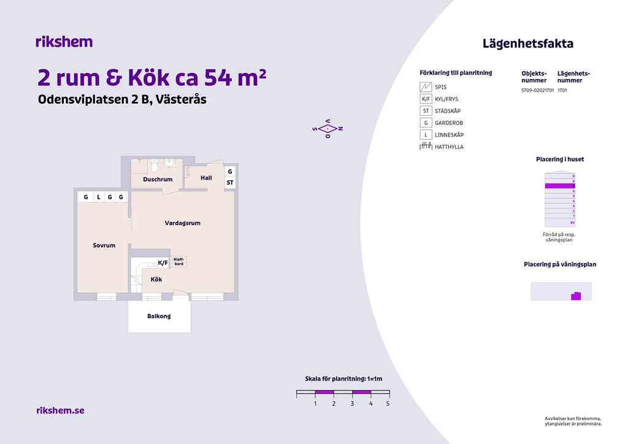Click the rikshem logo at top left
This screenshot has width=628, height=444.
pos(64,42)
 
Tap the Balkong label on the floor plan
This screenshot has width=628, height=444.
pos(159,316)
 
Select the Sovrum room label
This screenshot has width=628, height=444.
pos(104,245)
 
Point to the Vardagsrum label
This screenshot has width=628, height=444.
pos(183,223)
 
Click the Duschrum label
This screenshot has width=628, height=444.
pos(158,179)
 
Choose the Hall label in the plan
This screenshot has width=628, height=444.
pos(206,178)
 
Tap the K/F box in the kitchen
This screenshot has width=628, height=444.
pos(163,262)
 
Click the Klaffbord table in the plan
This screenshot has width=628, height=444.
pos(179,261)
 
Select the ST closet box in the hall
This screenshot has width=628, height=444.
pos(230,183)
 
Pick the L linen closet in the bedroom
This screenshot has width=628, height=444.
pos(99,197)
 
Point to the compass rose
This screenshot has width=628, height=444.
pos(327,129)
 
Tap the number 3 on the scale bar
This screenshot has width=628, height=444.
pos(353,404)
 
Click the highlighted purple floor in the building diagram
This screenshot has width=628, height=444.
pos(560,186)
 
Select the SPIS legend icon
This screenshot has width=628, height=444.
pos(426,87)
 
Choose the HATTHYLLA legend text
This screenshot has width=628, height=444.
pos(449,147)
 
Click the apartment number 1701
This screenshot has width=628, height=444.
pos(562,90)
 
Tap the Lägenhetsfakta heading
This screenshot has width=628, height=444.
pos(528,44)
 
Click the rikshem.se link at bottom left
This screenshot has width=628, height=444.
pos(61,410)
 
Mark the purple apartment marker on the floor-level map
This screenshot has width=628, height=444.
pos(576,296)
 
